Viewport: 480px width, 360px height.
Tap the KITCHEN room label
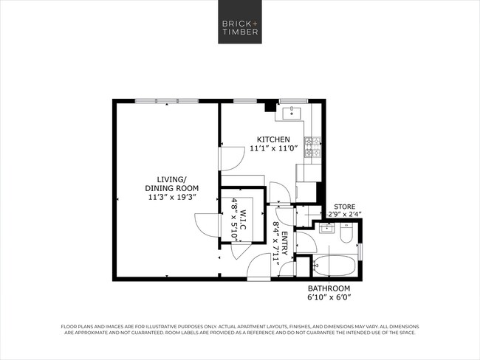[272, 140]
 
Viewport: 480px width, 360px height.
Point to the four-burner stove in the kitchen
[315, 147]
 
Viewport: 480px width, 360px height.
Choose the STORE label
[345, 206]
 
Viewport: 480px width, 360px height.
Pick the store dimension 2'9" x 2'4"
[345, 214]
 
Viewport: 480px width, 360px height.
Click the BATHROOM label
[329, 288]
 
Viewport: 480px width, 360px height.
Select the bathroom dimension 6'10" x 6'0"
[329, 297]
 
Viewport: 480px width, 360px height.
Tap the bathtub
[334, 265]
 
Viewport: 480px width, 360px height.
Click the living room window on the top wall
[166, 101]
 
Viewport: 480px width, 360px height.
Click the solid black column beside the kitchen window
[271, 105]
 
